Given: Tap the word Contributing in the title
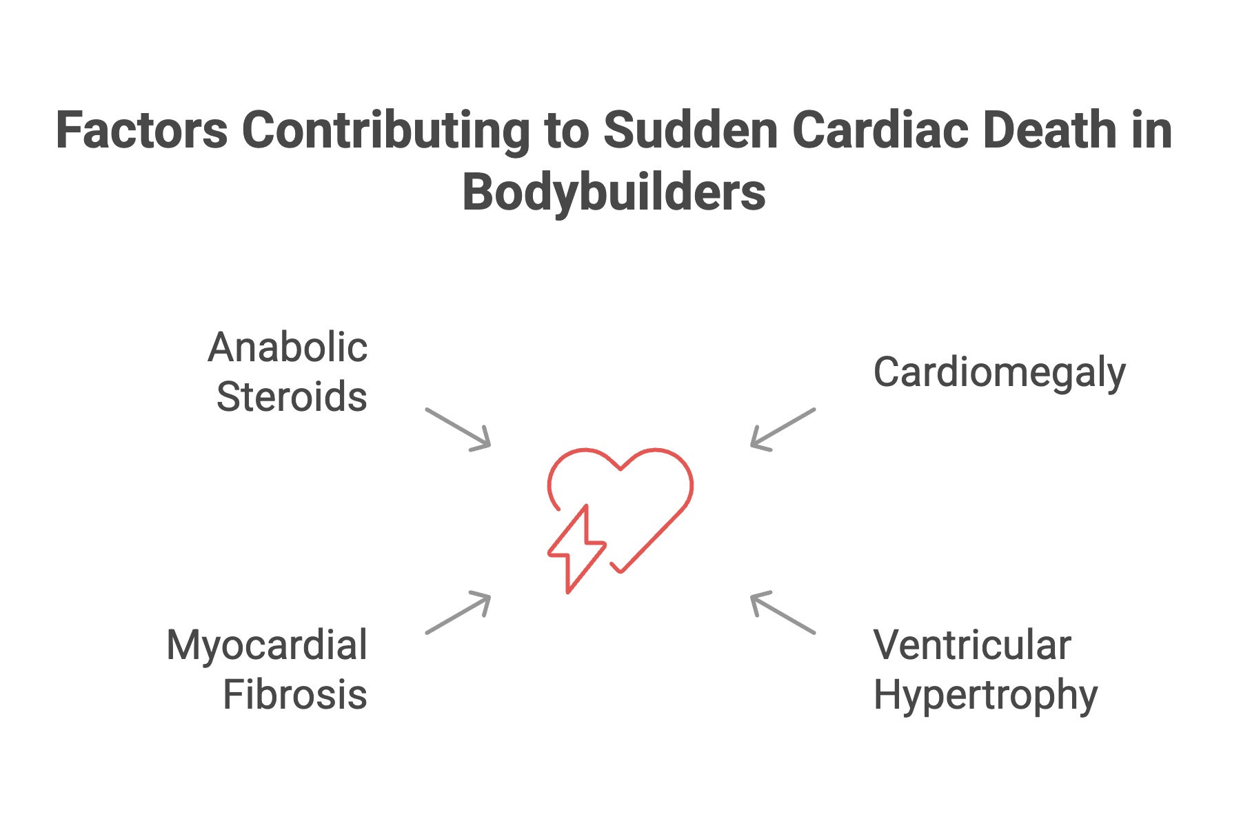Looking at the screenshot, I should (385, 131).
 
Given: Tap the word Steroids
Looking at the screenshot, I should (292, 397).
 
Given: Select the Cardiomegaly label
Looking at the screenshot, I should (999, 374).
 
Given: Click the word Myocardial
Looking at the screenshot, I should (267, 645).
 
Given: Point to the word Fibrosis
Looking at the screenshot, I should (295, 694).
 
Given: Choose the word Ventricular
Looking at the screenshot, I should (972, 645).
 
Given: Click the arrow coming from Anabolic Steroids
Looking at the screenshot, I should (458, 429).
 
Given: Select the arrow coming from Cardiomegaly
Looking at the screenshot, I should (783, 429).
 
